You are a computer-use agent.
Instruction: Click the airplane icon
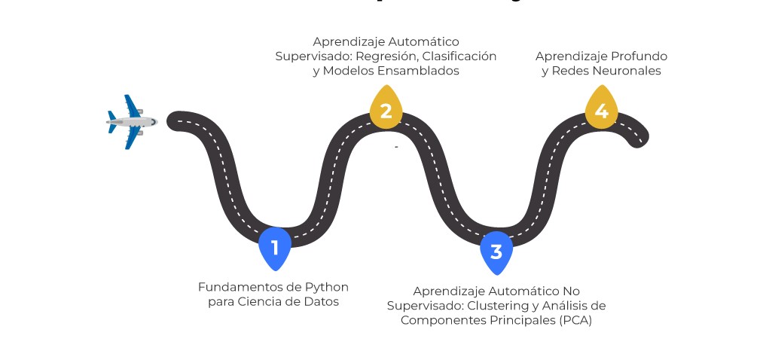click(131, 121)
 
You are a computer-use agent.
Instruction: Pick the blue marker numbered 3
click(496, 252)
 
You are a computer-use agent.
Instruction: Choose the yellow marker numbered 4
click(601, 111)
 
